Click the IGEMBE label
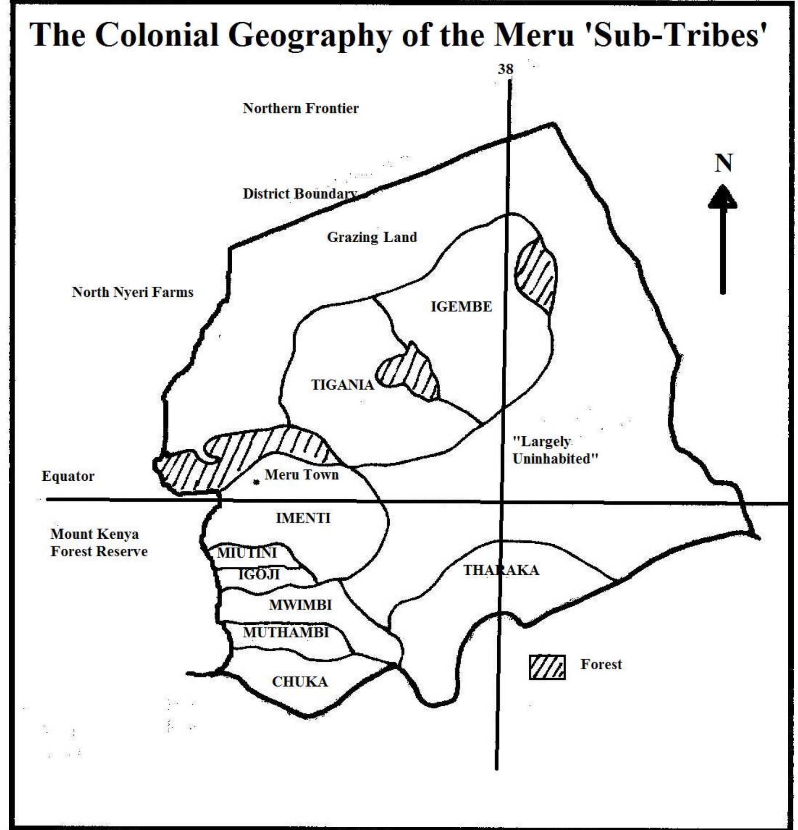(x=461, y=307)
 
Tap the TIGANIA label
(x=342, y=385)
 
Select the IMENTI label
(x=303, y=518)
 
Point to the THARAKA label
(x=501, y=570)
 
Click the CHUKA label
(x=300, y=682)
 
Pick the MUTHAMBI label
(x=286, y=632)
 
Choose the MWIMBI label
(x=300, y=605)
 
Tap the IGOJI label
(x=259, y=575)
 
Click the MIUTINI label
(x=247, y=553)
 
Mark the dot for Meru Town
(x=256, y=482)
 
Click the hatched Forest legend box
(x=547, y=667)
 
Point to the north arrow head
(x=722, y=197)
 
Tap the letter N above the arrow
(x=723, y=163)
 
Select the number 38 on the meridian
(x=506, y=69)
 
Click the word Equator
(x=68, y=476)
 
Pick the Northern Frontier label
(x=301, y=108)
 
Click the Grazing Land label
(x=372, y=237)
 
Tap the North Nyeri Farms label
(x=133, y=292)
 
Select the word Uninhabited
(x=555, y=459)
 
